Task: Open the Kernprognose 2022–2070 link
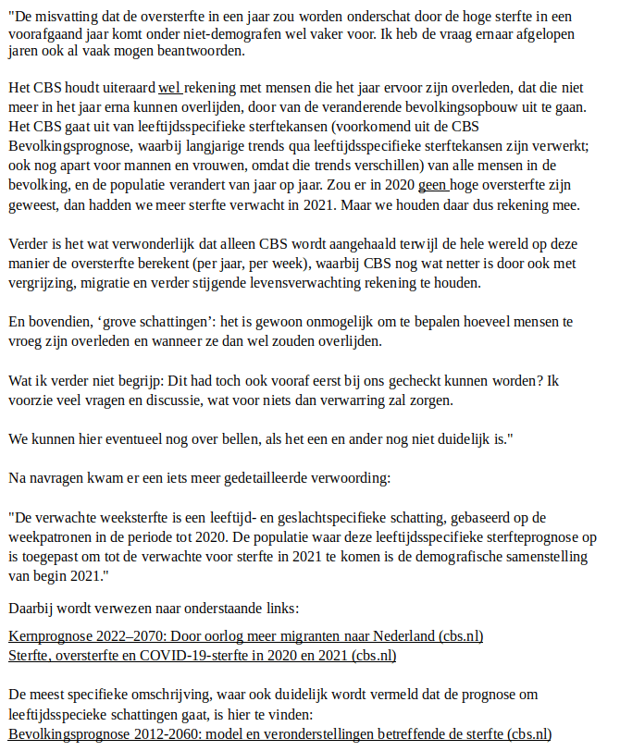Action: click(x=245, y=637)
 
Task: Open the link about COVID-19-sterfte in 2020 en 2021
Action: click(x=203, y=656)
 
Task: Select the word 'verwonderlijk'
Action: click(x=139, y=245)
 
